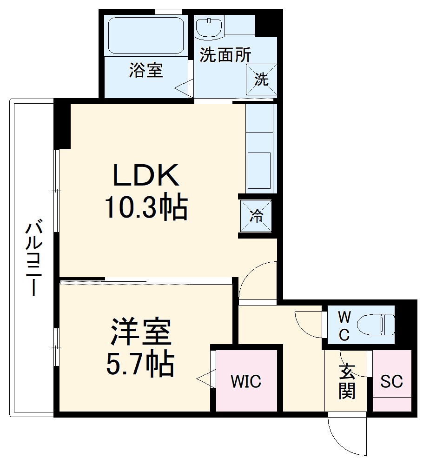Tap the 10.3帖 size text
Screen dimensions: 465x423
click(x=146, y=207)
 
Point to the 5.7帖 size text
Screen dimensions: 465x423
click(x=140, y=364)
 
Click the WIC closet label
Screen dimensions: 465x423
click(x=246, y=381)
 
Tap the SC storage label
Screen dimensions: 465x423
click(x=391, y=381)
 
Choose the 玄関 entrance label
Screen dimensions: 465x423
click(x=347, y=381)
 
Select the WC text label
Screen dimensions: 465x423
click(x=344, y=325)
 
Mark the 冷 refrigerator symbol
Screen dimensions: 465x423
click(x=256, y=216)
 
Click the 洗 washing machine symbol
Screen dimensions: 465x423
click(x=261, y=80)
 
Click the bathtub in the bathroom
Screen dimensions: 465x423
click(x=145, y=35)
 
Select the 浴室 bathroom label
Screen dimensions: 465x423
click(x=145, y=71)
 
